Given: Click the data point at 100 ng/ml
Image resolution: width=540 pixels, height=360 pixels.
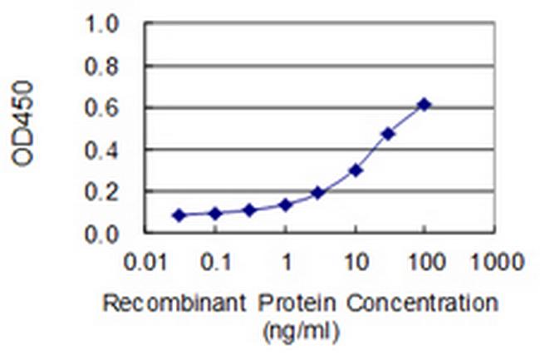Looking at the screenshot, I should point(424,104).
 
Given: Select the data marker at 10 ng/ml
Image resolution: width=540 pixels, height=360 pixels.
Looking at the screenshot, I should point(356,170).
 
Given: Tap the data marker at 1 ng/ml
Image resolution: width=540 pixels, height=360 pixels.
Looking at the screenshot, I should point(285,205).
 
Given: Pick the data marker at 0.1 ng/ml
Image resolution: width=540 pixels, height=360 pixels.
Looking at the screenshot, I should point(215,214).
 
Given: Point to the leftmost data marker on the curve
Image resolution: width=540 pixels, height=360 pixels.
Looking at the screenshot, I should point(179,215).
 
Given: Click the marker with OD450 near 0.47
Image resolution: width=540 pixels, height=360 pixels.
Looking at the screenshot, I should point(387,133).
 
